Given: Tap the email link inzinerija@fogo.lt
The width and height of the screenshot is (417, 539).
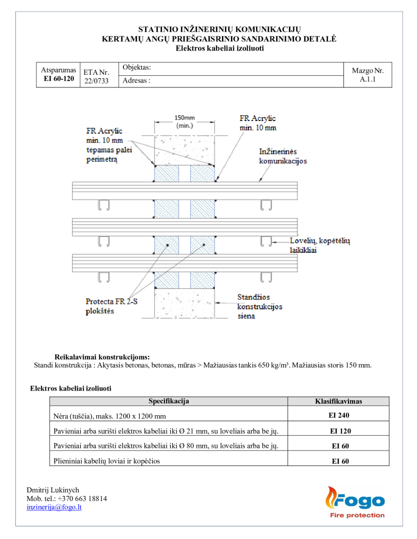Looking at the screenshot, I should click(x=54, y=507).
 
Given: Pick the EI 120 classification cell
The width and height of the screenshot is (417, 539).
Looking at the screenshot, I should click(x=340, y=431).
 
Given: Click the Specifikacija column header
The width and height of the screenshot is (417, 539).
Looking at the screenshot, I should click(x=168, y=401).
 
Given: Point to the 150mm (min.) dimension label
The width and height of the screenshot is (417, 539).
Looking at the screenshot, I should click(x=184, y=122).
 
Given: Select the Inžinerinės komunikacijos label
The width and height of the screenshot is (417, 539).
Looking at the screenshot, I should click(x=283, y=156).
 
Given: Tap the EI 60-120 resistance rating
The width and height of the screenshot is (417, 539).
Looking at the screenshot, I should click(x=59, y=79).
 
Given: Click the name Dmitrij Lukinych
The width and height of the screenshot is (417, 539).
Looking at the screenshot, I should click(x=53, y=490).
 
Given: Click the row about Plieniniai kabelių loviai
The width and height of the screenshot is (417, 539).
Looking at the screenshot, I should click(x=169, y=461).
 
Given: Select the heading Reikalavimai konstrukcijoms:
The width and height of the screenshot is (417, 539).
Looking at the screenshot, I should click(x=102, y=357).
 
